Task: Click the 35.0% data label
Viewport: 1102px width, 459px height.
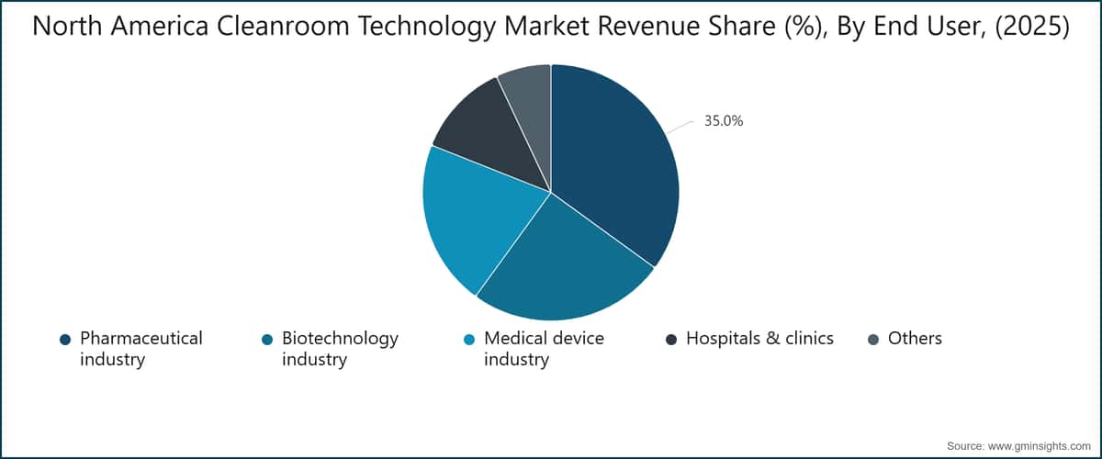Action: pyautogui.click(x=724, y=119)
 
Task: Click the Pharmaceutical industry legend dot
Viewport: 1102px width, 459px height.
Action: pyautogui.click(x=65, y=340)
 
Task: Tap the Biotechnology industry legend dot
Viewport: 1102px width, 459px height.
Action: pyautogui.click(x=267, y=340)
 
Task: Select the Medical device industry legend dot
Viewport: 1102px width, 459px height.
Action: pyautogui.click(x=469, y=340)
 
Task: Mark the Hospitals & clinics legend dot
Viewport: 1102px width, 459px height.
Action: pyautogui.click(x=671, y=340)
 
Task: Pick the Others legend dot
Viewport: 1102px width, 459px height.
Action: pyautogui.click(x=873, y=340)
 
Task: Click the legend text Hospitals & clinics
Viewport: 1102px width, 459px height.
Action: pyautogui.click(x=759, y=339)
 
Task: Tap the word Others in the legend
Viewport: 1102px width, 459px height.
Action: pyautogui.click(x=915, y=339)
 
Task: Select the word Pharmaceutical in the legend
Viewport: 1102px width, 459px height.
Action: pyautogui.click(x=141, y=339)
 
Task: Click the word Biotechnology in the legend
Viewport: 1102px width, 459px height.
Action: pyautogui.click(x=340, y=339)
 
